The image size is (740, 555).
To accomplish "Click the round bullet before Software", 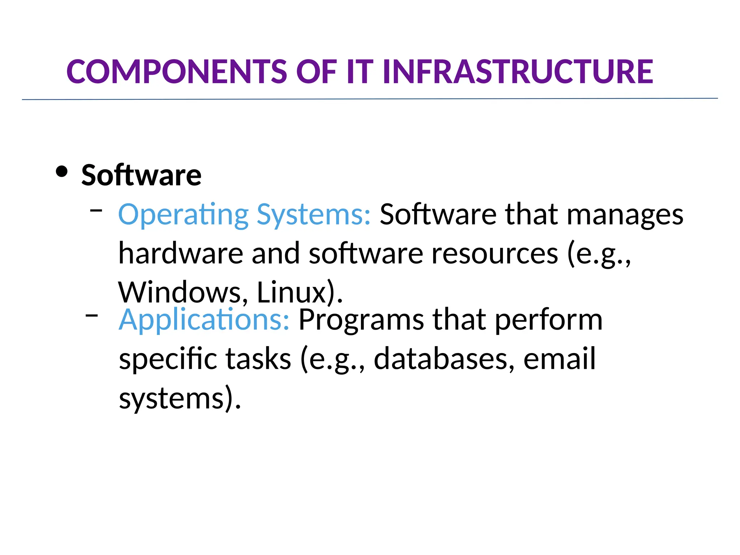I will click(62, 172).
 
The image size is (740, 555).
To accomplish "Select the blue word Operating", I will click(183, 215).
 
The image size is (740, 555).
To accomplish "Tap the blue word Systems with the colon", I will click(313, 215).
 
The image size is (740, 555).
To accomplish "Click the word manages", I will click(625, 215).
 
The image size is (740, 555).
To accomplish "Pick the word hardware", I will click(181, 253).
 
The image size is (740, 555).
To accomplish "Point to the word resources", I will click(495, 253).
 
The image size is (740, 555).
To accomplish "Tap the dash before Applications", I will click(92, 315).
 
